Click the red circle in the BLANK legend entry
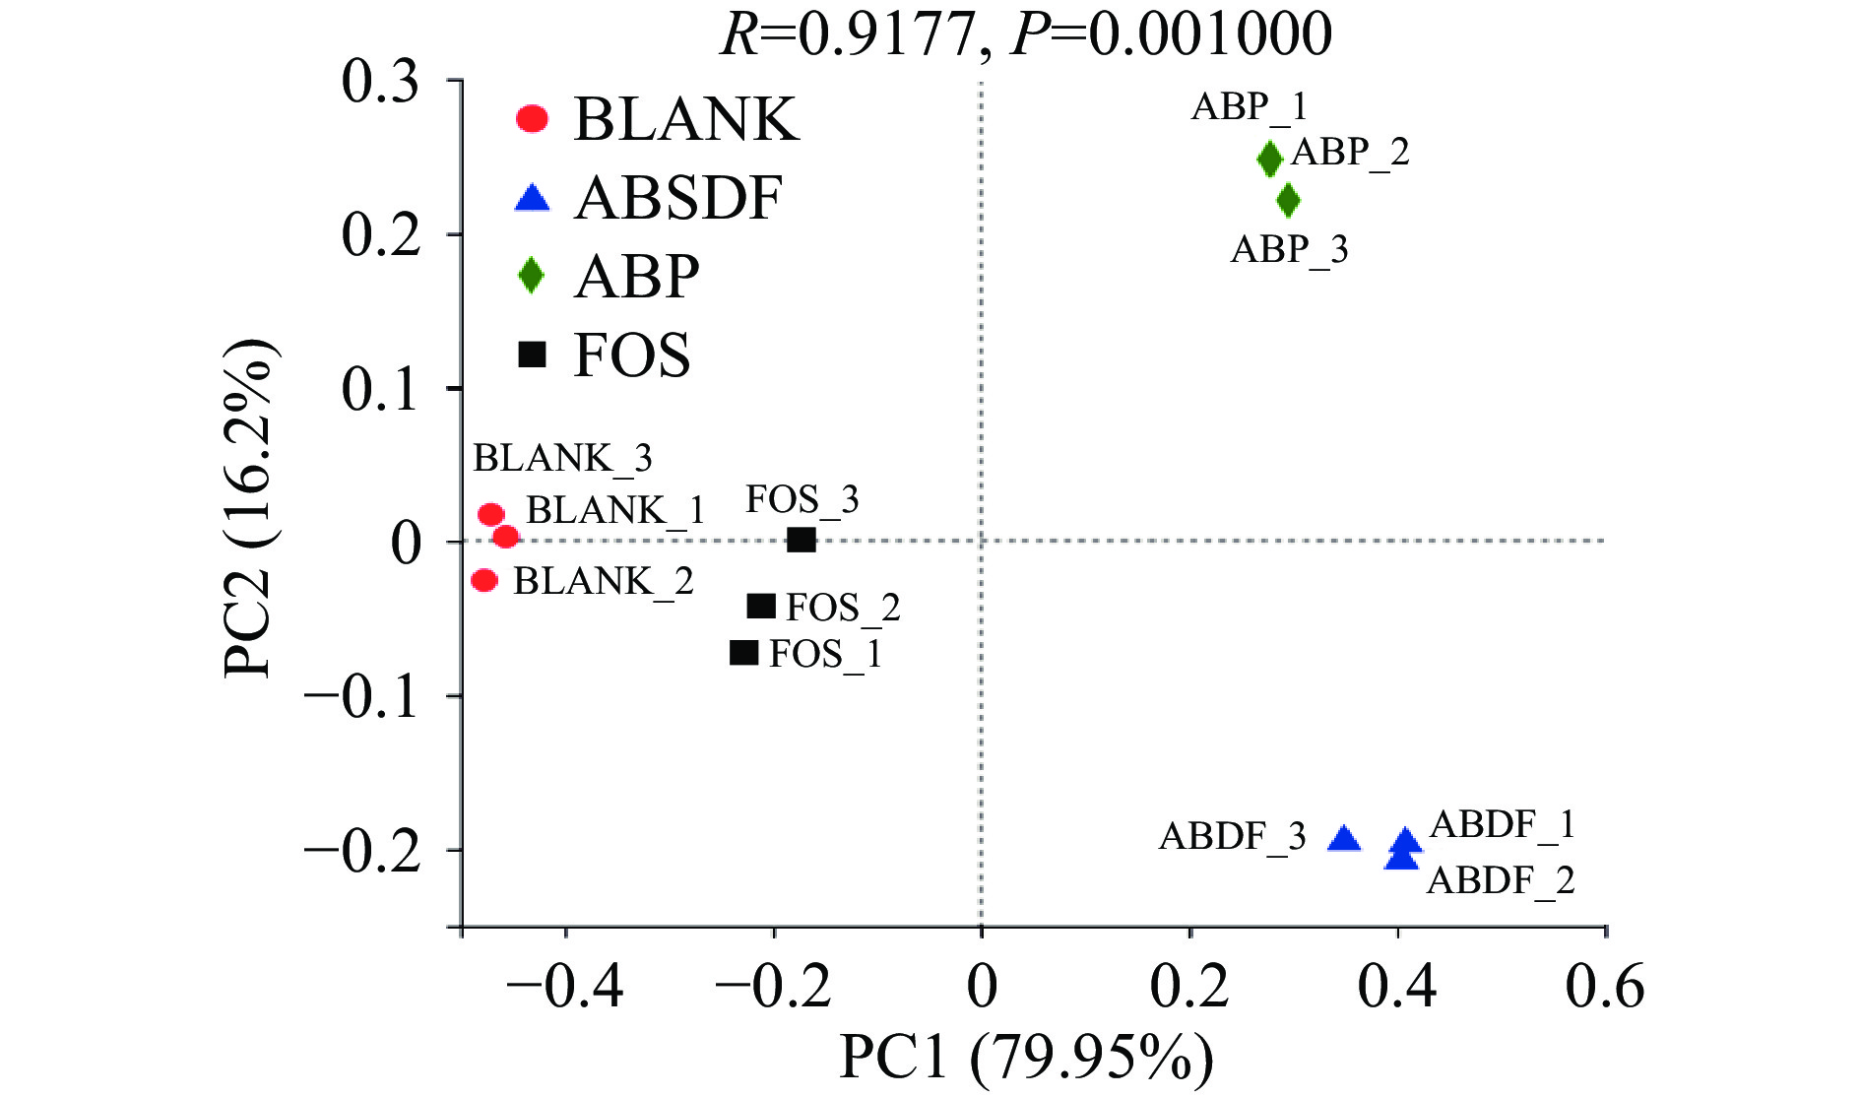[x=532, y=119]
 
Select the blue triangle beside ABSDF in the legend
[x=532, y=199]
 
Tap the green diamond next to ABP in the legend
[x=532, y=276]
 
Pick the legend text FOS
[x=631, y=355]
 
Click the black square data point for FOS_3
[x=802, y=540]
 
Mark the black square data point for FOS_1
[x=744, y=653]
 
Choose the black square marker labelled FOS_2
[x=761, y=607]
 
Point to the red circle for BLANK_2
[x=483, y=580]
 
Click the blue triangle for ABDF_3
[x=1344, y=840]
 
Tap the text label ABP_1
[x=1249, y=106]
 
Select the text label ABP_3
[x=1289, y=249]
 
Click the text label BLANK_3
[x=562, y=458]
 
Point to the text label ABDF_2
[x=1501, y=879]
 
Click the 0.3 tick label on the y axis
[x=380, y=82]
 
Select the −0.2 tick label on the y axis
[x=361, y=851]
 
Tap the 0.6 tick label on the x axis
[x=1605, y=986]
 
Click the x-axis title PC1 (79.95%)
[x=1026, y=1060]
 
